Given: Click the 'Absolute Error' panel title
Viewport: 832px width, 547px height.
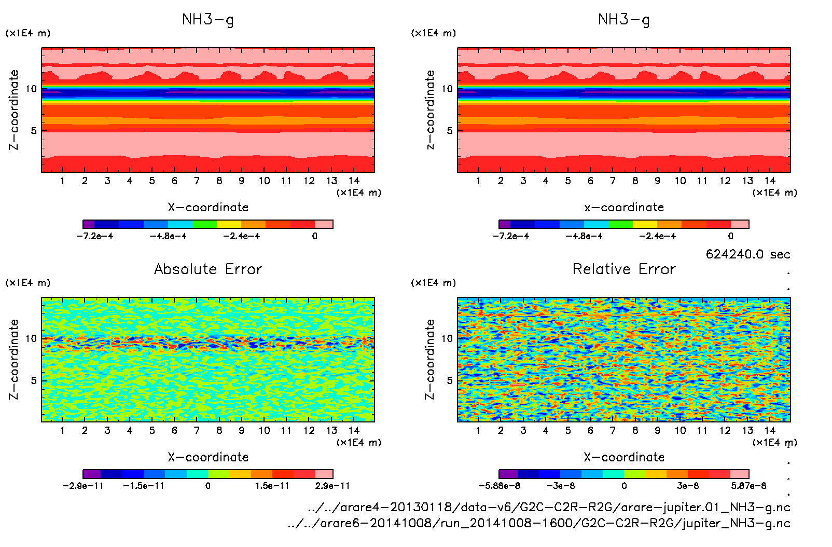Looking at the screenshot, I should click(x=208, y=269).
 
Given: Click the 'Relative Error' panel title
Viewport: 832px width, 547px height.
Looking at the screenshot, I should click(x=624, y=269).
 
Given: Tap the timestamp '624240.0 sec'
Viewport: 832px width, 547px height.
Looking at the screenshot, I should click(x=747, y=254).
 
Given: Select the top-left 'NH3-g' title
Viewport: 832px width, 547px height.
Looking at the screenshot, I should click(x=208, y=20).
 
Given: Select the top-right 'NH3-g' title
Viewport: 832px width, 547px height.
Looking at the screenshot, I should click(x=624, y=20).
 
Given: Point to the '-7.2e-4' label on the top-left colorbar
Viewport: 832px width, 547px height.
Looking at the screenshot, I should click(x=95, y=236).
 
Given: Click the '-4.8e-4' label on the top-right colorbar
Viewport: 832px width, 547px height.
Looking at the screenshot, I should click(x=584, y=236).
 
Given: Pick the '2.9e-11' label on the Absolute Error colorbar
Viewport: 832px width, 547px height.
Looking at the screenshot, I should click(x=332, y=486).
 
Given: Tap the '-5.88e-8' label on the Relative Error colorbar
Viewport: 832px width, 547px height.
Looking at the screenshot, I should click(x=499, y=486).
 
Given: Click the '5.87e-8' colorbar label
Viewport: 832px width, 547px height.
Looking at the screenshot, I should click(x=748, y=486).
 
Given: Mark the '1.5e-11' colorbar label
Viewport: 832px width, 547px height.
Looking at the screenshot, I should click(x=272, y=486).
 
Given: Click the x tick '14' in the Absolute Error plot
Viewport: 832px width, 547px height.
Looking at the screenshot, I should click(x=354, y=430).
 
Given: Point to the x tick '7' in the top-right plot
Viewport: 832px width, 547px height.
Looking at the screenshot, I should click(x=613, y=181).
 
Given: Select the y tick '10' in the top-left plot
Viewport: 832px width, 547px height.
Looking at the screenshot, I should click(x=32, y=89).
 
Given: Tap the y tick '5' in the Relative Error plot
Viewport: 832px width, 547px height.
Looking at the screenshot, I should click(x=449, y=380).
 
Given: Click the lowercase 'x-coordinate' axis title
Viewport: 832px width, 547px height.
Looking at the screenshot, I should click(x=624, y=208).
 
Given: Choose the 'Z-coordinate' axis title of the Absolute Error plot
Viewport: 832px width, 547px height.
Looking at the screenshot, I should click(x=14, y=359).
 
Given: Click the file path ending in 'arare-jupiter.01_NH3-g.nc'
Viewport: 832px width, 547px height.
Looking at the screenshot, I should click(x=549, y=507).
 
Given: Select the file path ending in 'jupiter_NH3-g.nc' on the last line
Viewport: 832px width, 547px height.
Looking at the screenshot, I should click(x=539, y=523).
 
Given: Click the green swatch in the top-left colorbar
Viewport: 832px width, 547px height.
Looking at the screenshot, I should click(x=204, y=224).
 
